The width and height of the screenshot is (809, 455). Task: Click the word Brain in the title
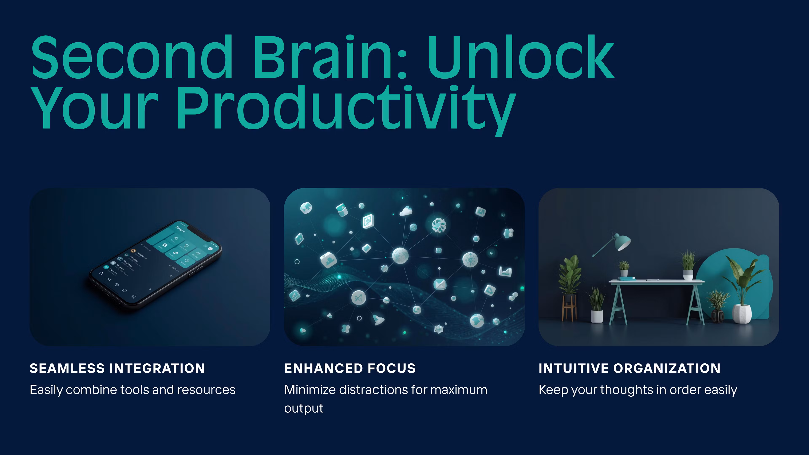(x=330, y=58)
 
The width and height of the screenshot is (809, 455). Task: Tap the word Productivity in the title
(x=346, y=108)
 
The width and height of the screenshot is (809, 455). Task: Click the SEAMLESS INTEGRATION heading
(x=117, y=368)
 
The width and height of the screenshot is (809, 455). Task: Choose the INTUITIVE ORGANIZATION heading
(x=629, y=368)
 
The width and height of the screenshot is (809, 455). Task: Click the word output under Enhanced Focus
(x=304, y=408)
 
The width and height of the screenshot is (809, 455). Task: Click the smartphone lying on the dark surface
(x=155, y=262)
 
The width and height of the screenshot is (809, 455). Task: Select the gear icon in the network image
(x=438, y=225)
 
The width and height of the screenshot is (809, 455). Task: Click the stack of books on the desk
(x=627, y=278)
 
